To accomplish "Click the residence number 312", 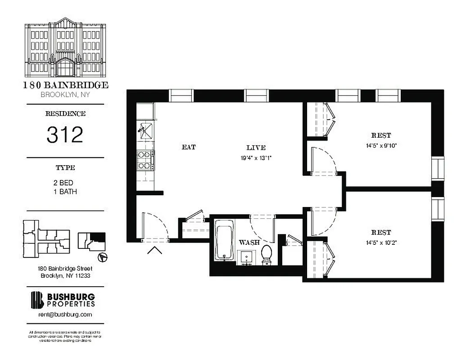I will coord(65,135).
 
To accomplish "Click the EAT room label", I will coord(189,147).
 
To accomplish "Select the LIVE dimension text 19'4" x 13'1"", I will coord(256,158).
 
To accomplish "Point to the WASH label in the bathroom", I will coord(249,243).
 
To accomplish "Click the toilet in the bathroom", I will coord(266,254).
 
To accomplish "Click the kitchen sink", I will coord(145,130).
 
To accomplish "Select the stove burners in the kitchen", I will coord(145,160).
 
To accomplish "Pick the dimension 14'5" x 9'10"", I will coord(381,145).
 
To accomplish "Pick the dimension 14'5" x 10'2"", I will coord(381,243).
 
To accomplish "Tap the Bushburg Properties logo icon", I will coord(37,300).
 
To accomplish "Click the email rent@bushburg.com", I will coord(65,315).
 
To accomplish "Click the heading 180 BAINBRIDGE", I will coord(65,85).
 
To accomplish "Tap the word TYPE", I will coord(65,168).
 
